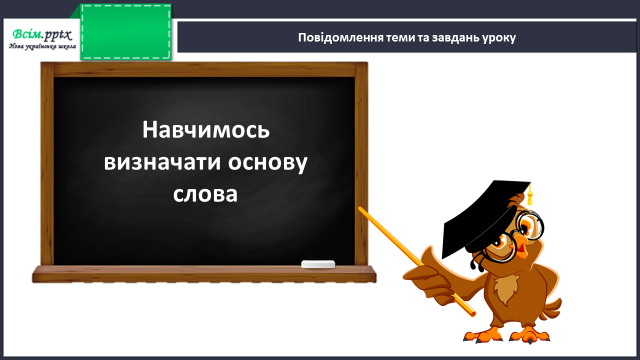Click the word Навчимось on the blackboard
point(206,130)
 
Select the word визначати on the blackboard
point(162,162)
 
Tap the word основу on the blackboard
point(267,163)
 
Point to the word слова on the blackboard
point(205,194)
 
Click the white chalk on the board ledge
point(318,264)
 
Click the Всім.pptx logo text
point(42,34)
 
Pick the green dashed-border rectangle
point(126,32)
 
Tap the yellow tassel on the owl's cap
point(529,195)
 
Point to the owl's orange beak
point(521,246)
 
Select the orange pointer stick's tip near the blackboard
point(360,209)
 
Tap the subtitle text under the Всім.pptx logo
point(42,46)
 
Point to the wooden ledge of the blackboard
point(204,274)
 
